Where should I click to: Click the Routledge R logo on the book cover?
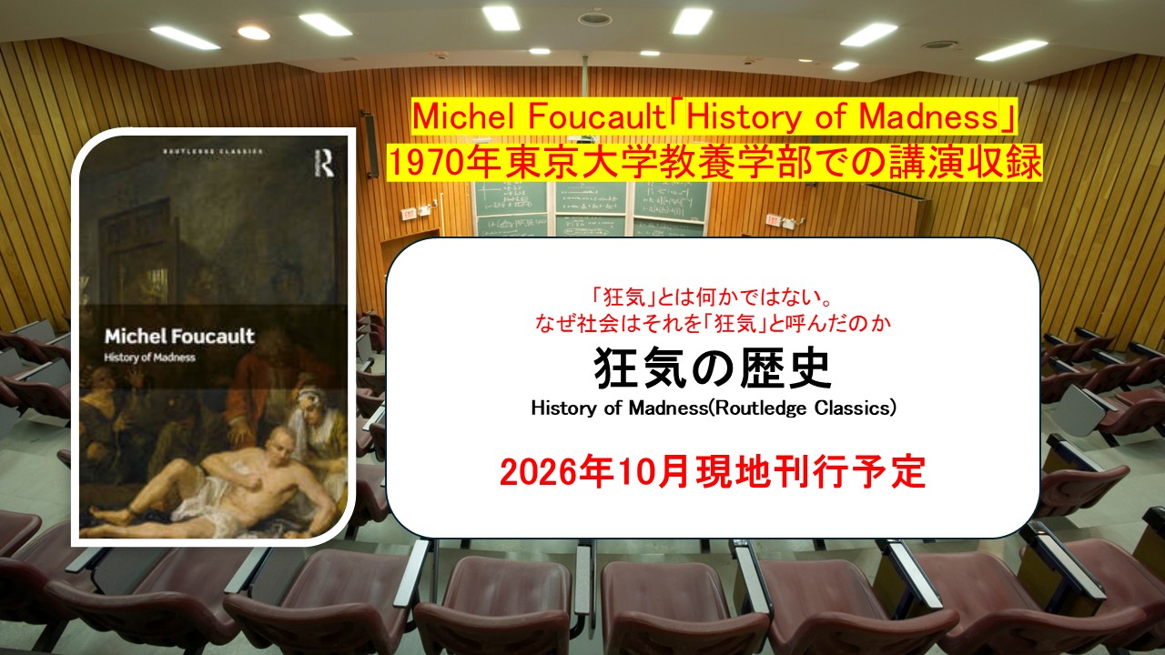coord(325,163)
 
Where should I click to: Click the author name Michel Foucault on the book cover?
coord(179,337)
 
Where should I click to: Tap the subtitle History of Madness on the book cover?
coord(150,358)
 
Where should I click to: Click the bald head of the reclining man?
coord(281,438)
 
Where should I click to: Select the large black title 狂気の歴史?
coord(713,368)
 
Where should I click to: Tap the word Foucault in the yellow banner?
coord(596,116)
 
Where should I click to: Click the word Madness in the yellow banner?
coord(927,116)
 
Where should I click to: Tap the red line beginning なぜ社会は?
coord(713,323)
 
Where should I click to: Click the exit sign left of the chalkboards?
coord(408,213)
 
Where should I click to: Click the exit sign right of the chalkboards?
coord(774,221)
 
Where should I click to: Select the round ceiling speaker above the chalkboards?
coord(595,19)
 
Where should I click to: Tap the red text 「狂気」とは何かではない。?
coord(713,297)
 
